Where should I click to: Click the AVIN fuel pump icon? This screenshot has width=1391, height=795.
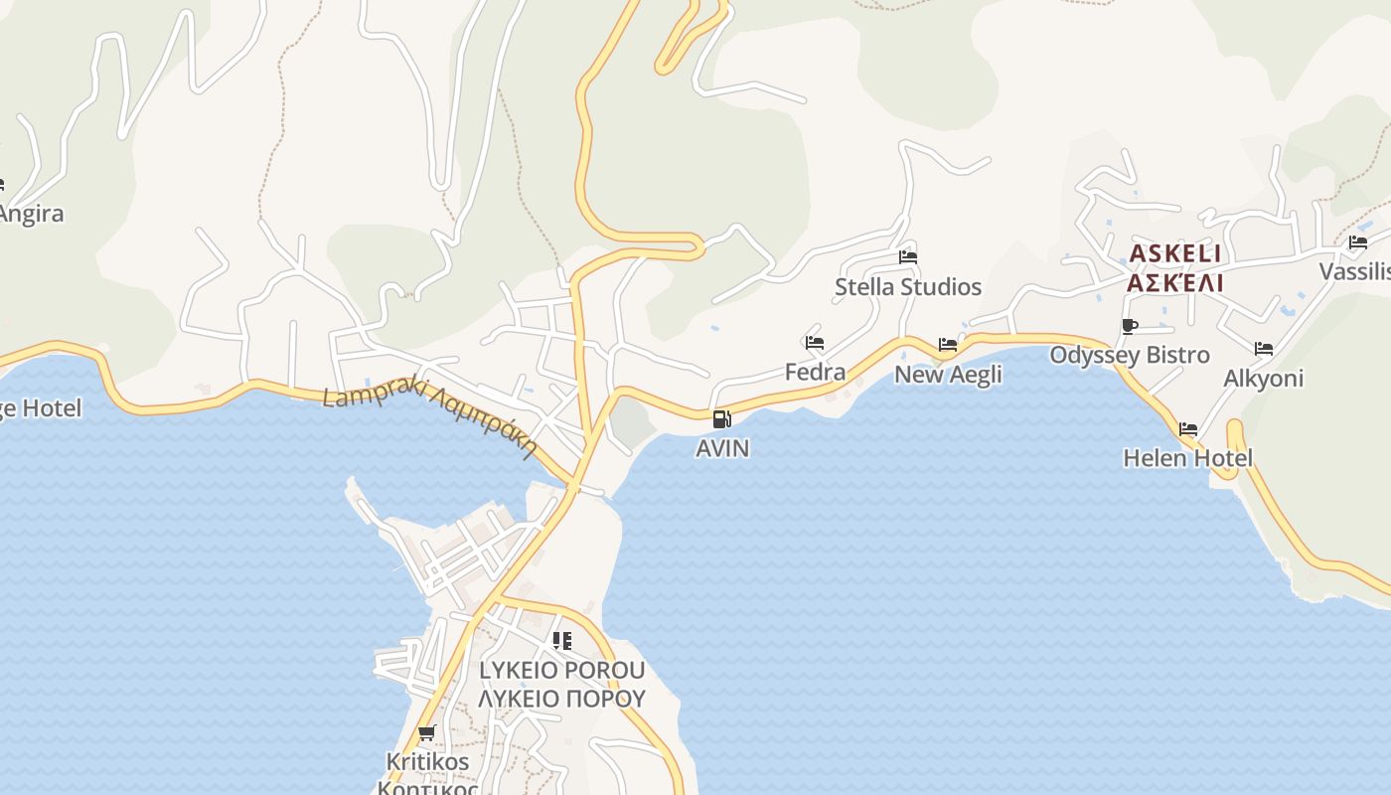point(722,419)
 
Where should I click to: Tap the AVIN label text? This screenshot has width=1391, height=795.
point(722,448)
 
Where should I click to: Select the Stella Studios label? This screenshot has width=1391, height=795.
point(908,287)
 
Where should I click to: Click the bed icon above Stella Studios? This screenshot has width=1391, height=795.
point(907,256)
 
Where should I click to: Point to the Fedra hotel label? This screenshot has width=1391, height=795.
point(815,372)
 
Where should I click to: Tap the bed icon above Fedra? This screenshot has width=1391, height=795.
point(815,342)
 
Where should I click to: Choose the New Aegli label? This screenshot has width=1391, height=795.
point(948,375)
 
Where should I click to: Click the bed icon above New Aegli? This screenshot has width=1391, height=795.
point(948,345)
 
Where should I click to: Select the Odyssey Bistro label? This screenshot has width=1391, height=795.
point(1130,355)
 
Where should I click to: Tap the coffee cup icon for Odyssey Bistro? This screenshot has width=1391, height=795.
point(1129,326)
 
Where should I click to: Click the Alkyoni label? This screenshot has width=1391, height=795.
point(1263,379)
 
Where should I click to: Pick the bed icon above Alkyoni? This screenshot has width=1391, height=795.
point(1263,349)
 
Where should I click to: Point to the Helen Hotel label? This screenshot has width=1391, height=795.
point(1187,458)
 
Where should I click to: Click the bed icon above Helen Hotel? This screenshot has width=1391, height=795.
point(1187,429)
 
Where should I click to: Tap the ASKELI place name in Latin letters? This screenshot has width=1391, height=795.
point(1175,254)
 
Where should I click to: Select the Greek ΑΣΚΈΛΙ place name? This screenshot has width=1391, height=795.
point(1175,283)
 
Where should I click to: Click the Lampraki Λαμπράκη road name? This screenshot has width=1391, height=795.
point(429,415)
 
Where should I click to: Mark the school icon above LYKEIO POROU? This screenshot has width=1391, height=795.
point(562,641)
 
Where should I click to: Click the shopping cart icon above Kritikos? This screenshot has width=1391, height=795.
point(426,733)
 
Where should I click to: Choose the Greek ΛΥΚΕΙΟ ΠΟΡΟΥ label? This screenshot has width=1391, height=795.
point(561,699)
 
